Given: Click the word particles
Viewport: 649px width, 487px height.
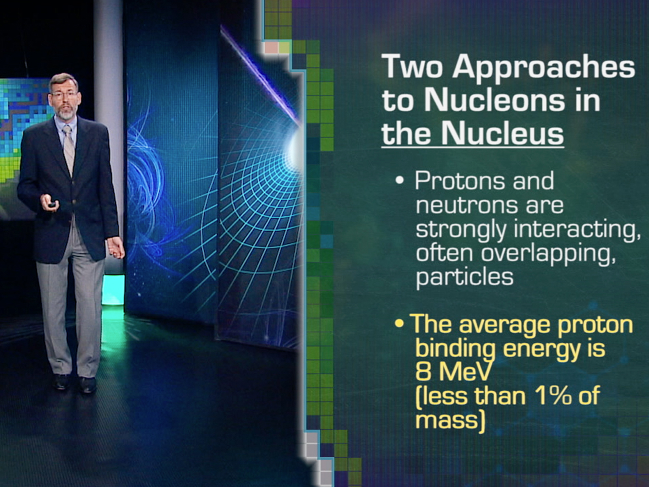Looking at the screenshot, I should (464, 277).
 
